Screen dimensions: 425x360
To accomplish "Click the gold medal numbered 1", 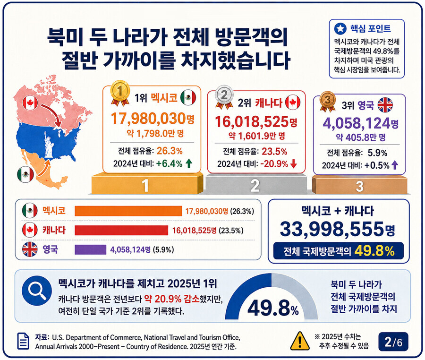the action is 120,93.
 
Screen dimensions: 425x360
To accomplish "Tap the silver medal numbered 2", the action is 224,96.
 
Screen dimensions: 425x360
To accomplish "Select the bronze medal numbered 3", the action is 328,101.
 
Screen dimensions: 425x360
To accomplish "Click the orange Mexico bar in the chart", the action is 128,211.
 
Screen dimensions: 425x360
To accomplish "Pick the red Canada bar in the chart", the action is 121,230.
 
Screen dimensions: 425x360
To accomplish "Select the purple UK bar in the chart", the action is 90,249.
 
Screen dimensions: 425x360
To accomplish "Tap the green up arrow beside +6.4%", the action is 189,163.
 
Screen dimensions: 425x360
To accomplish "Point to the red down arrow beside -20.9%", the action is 294,164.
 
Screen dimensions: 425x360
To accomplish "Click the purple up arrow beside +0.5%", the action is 395,165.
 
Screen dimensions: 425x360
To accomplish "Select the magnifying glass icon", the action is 37,291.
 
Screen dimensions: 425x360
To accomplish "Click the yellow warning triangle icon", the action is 300,341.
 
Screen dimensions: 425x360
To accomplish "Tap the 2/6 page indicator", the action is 393,342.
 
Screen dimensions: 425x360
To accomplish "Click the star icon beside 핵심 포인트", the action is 340,28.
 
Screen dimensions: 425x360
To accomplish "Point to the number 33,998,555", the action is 332,229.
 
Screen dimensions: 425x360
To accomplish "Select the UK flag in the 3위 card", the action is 385,104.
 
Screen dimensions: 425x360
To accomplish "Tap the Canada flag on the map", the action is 30,103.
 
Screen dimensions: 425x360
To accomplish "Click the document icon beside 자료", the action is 24,341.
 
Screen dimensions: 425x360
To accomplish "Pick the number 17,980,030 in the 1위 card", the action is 149,119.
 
